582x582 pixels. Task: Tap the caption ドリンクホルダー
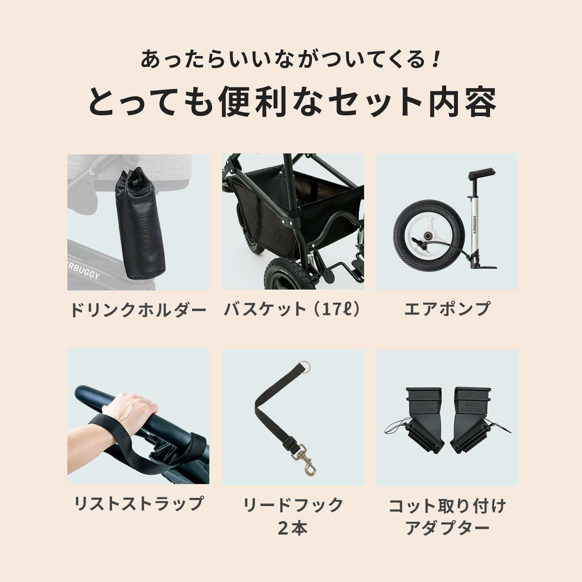pos(138,310)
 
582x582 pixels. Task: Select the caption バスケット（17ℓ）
pos(292,309)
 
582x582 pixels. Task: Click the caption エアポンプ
pos(447,309)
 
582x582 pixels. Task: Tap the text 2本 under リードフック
pos(292,528)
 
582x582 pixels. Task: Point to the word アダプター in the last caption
pos(447,528)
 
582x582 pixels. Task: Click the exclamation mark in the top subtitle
pos(434,59)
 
